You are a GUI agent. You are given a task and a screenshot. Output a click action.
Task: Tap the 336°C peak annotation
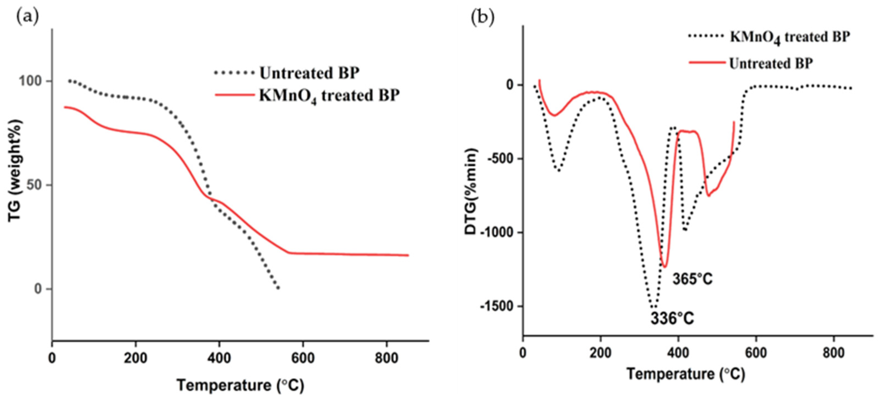coord(672,319)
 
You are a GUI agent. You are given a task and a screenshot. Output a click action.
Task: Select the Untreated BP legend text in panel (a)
coord(309,73)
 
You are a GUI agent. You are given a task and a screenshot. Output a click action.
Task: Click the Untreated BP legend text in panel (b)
coord(771,63)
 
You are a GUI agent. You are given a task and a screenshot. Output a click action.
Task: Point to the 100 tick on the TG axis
coord(30,81)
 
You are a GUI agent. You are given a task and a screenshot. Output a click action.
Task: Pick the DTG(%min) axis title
coord(471,191)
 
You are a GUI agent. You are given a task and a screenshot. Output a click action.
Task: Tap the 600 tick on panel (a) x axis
coord(303,358)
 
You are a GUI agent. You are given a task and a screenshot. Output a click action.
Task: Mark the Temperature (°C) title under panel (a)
coord(240,385)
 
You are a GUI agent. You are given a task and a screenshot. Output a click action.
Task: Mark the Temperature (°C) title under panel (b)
coord(685,374)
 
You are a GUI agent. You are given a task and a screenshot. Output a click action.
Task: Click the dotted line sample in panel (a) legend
coord(234,73)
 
